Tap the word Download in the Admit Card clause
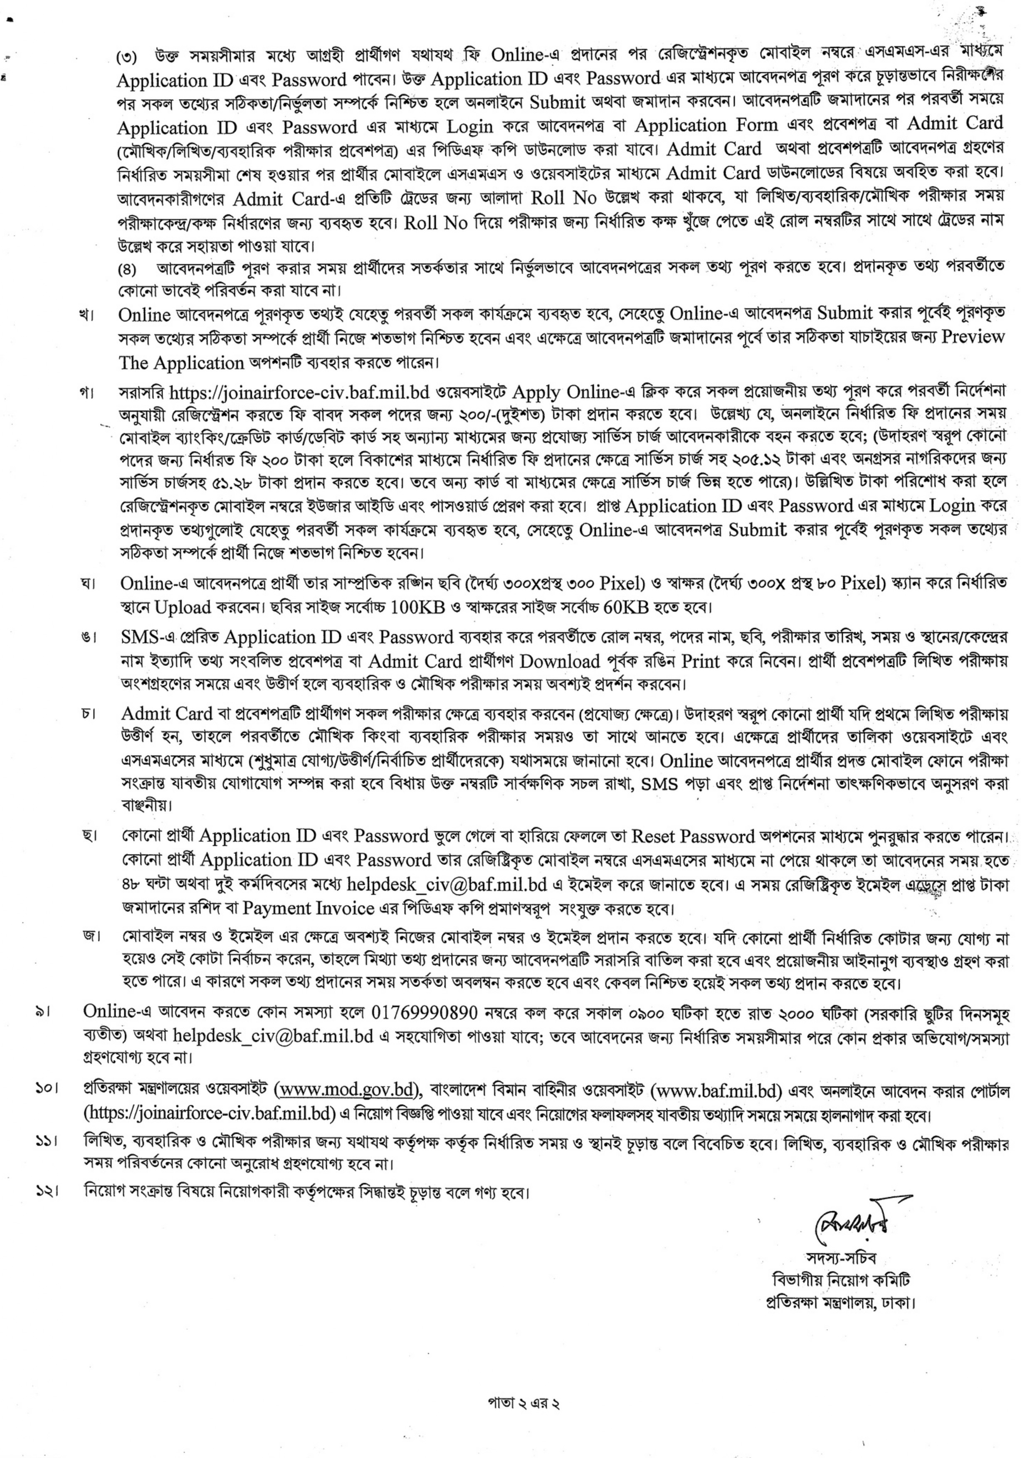click(559, 662)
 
